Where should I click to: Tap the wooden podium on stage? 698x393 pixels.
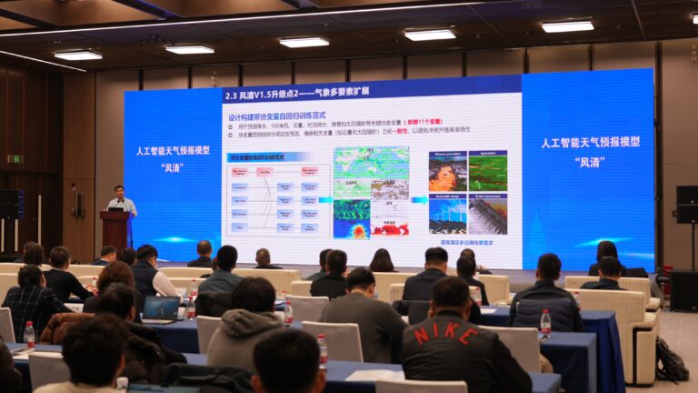[x=115, y=229]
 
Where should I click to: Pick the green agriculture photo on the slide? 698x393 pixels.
[x=488, y=171]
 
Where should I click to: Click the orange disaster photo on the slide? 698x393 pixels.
[x=447, y=171]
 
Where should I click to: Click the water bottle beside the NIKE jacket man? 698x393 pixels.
[x=545, y=323]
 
